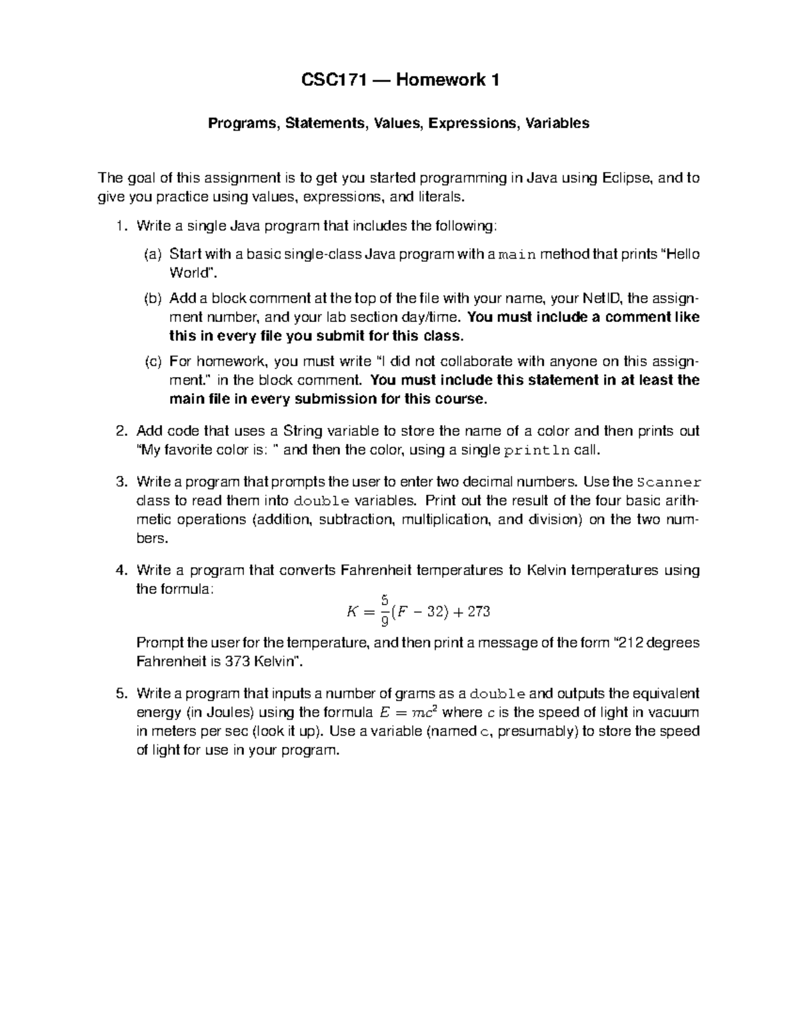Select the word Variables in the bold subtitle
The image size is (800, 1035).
pyautogui.click(x=557, y=123)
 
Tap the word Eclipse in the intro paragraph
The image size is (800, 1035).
pyautogui.click(x=627, y=178)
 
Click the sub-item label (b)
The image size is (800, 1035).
pyautogui.click(x=153, y=299)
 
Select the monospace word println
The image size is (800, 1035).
pyautogui.click(x=537, y=450)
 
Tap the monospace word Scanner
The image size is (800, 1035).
pyautogui.click(x=668, y=482)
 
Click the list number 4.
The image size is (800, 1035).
pyautogui.click(x=121, y=570)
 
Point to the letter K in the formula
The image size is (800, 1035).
pyautogui.click(x=353, y=612)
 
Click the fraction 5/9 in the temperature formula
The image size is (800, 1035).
pyautogui.click(x=385, y=611)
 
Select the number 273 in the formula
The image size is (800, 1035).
pyautogui.click(x=479, y=612)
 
